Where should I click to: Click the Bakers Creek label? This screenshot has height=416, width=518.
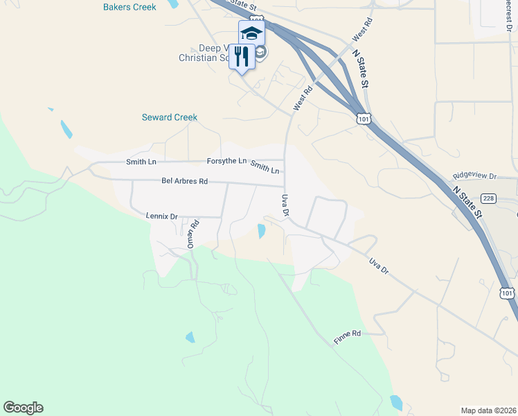coord(129,7)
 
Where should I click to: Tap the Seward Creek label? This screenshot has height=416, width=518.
coord(170,117)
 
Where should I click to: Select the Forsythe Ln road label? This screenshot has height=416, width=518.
coord(226,161)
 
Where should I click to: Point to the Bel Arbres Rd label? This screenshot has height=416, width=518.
coord(185,182)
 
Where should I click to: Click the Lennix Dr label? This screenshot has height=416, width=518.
coord(162,216)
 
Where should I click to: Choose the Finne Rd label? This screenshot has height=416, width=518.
coord(347,333)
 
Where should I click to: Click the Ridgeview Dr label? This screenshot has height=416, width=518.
coord(474,177)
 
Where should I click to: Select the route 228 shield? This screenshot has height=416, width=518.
coord(489,199)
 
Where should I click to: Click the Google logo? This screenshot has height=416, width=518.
coord(23,408)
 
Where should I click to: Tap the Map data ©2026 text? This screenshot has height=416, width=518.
coord(488,410)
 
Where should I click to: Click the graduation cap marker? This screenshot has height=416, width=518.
coord(252,33)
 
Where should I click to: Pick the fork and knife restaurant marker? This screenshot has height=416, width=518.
coord(242,58)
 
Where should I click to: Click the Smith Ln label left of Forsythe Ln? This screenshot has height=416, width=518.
coord(141,162)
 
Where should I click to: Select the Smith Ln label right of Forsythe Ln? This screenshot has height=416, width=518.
coord(265,167)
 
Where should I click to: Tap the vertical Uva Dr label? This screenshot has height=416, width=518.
coord(285,205)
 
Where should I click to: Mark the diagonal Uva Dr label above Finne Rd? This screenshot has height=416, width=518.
coord(379,266)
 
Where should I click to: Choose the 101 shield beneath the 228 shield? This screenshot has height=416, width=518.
coord(508,293)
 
